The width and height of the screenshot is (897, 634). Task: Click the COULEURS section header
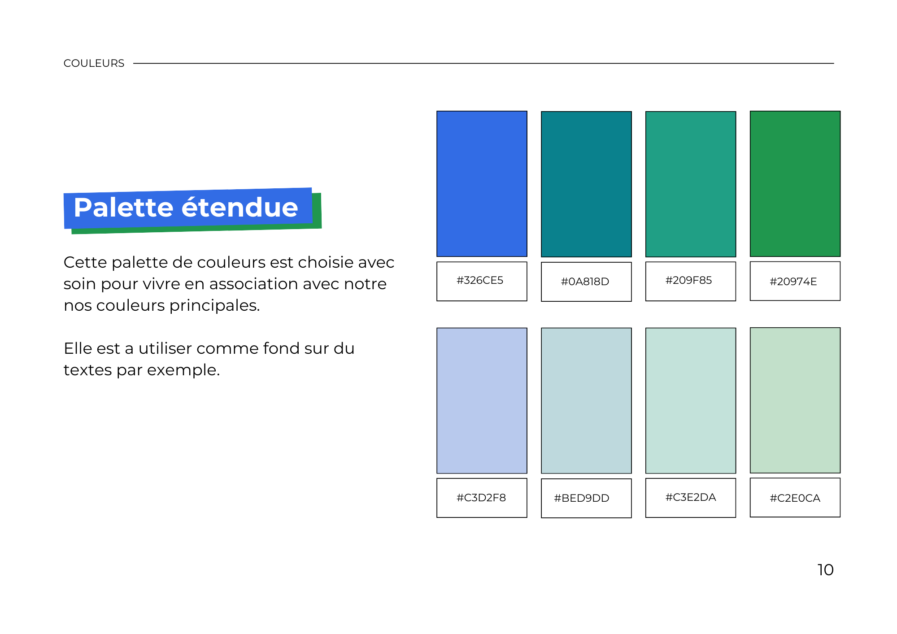(x=94, y=63)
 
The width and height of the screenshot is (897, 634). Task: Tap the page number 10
(x=825, y=570)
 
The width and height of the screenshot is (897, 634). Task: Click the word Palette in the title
(x=123, y=207)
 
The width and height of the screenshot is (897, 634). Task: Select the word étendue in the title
(x=239, y=207)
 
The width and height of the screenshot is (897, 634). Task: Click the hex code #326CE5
(x=480, y=280)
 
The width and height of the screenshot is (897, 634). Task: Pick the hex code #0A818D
(x=585, y=282)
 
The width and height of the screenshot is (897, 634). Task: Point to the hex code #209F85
(x=688, y=280)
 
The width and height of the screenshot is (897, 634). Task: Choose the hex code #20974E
(x=793, y=282)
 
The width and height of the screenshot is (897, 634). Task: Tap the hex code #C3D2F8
(x=481, y=498)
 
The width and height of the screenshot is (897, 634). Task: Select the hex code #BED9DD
(x=582, y=498)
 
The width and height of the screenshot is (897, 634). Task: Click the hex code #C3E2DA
(x=691, y=497)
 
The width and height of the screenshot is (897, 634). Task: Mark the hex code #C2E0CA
(x=795, y=498)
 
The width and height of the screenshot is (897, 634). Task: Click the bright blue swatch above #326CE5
(x=482, y=184)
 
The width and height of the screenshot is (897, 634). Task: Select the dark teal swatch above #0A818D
(x=586, y=184)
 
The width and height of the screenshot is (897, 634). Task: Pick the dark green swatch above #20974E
(x=795, y=184)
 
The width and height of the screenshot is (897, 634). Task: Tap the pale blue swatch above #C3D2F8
(x=482, y=401)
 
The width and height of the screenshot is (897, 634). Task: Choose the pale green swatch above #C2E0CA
(x=795, y=400)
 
